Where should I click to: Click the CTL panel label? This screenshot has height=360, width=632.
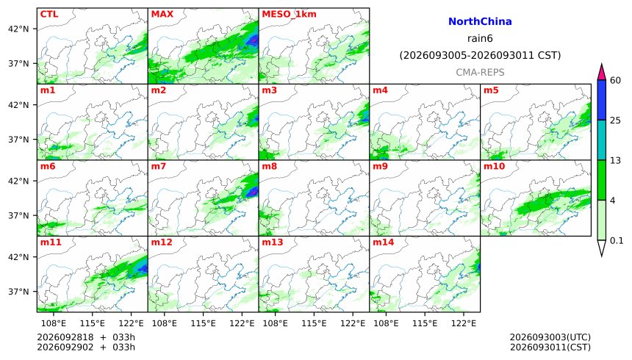[x=49, y=14]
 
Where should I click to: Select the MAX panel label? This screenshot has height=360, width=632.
[x=162, y=14]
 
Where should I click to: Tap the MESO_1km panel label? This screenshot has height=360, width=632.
[x=289, y=14]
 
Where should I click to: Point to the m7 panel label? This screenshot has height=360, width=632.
[x=159, y=166]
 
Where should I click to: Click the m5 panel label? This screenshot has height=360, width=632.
[x=491, y=90]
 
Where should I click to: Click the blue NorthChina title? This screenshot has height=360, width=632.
[x=480, y=21]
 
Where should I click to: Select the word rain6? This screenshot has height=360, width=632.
[x=480, y=38]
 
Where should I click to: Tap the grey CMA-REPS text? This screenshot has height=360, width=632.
[x=480, y=72]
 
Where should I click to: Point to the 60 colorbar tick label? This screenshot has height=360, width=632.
[x=616, y=80]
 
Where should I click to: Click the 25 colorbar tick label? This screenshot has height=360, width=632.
[x=616, y=120]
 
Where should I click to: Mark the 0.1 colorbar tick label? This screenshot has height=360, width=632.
[x=617, y=241]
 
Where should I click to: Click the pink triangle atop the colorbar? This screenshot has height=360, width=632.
[x=602, y=73]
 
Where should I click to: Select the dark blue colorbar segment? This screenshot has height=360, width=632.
[x=602, y=100]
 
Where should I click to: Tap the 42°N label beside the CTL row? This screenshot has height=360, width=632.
[x=18, y=29]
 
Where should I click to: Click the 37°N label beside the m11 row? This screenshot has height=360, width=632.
[x=18, y=292]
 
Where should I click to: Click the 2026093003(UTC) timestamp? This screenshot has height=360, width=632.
[x=550, y=337]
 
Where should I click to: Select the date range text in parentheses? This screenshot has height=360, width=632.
[x=480, y=55]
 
